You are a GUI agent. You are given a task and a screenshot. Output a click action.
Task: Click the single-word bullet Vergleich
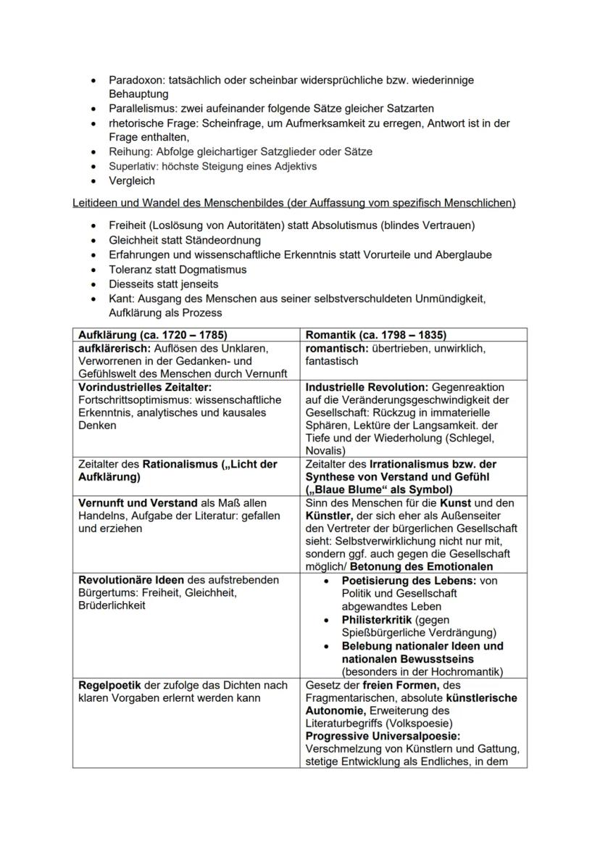pyautogui.click(x=132, y=181)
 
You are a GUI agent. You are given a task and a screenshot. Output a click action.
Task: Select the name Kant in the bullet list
pyautogui.click(x=121, y=298)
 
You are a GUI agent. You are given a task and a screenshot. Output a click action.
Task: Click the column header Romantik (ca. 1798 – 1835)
pyautogui.click(x=376, y=335)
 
